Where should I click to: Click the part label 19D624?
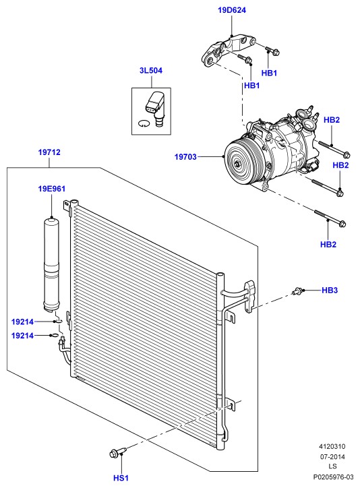[232, 10]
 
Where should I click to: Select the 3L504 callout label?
[151, 71]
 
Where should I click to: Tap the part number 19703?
[185, 157]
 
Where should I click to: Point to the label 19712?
[49, 152]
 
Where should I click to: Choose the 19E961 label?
[52, 189]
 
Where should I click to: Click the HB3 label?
[330, 291]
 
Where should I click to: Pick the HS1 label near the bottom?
[121, 478]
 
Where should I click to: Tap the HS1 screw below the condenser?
[118, 452]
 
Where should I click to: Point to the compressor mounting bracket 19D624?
[228, 49]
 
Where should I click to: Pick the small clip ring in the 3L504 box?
[143, 123]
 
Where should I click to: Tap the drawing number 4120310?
[332, 447]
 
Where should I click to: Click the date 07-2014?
[332, 456]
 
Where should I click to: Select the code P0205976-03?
[333, 477]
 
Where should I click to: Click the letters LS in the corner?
[332, 466]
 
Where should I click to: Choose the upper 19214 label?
[22, 322]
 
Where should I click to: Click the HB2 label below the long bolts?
[328, 245]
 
